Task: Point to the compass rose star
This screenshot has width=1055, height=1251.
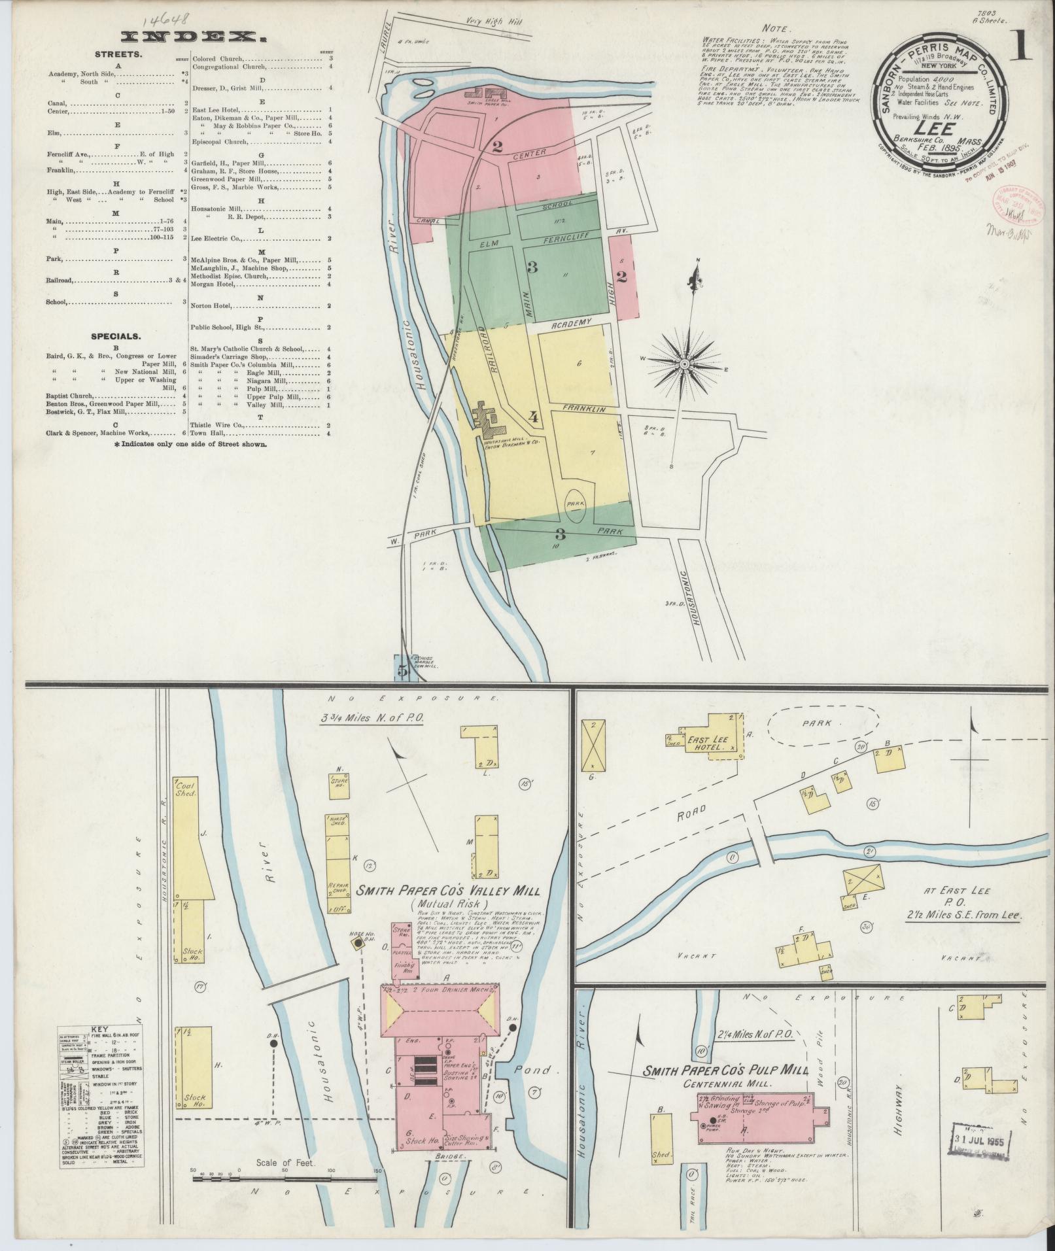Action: pos(684,364)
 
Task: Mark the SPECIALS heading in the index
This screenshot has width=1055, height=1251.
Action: pos(115,336)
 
